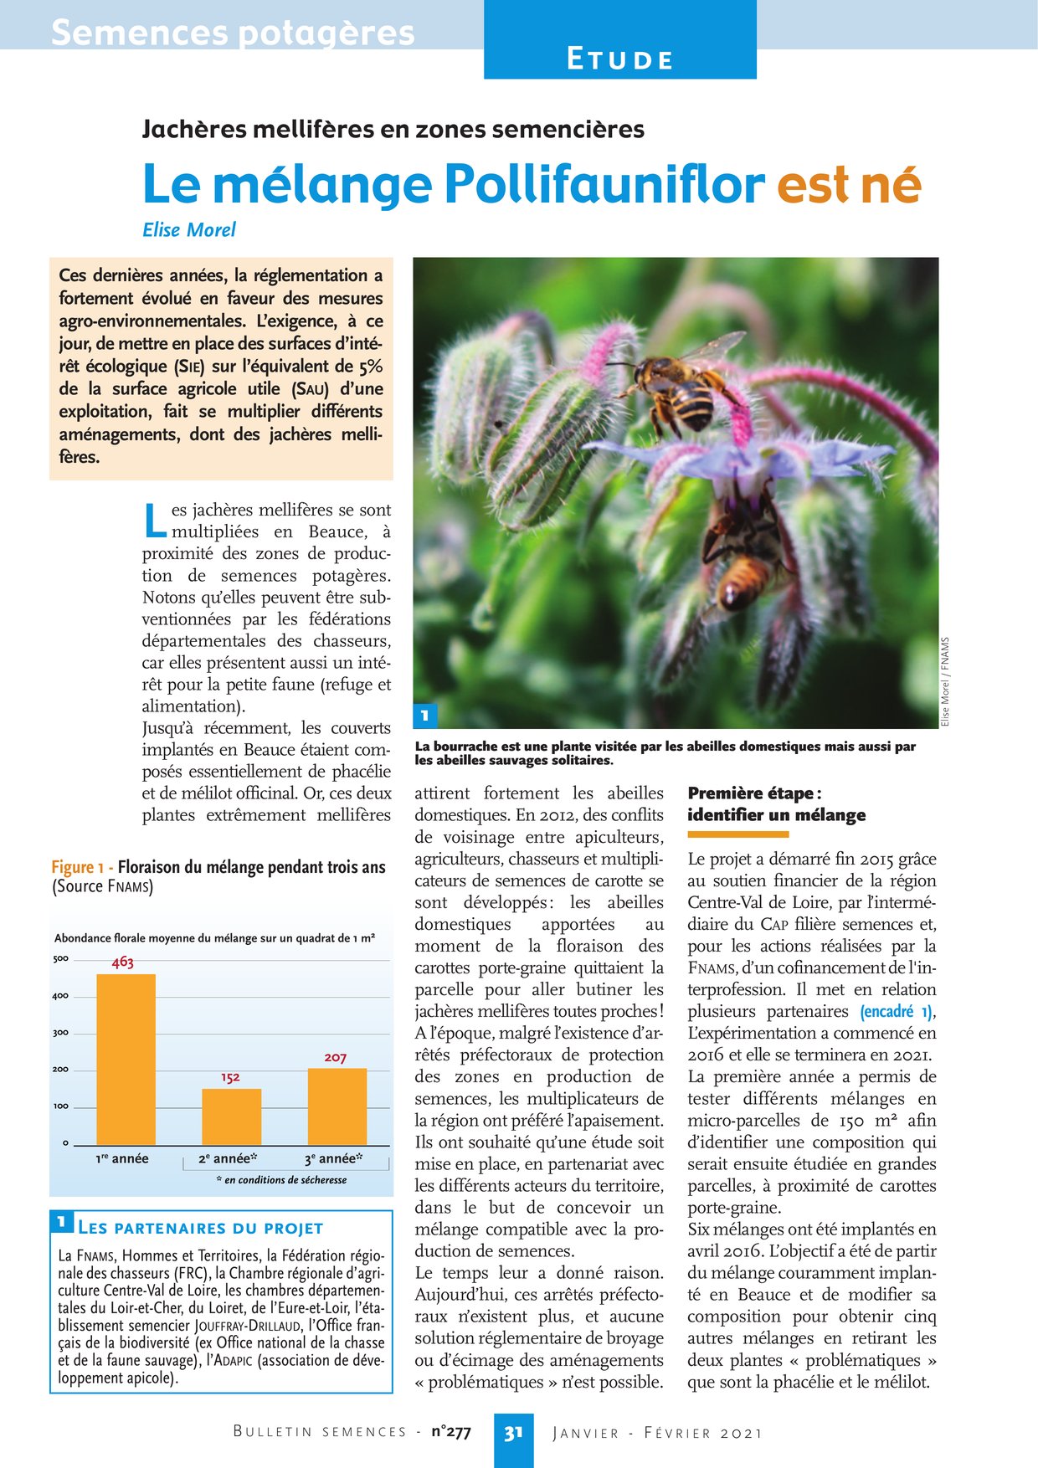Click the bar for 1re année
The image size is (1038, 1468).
[x=126, y=1059]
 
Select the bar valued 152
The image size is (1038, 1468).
[x=231, y=1116]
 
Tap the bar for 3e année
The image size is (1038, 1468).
[x=337, y=1106]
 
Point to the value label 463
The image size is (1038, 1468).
[x=123, y=962]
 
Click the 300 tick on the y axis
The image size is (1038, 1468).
[x=61, y=1033]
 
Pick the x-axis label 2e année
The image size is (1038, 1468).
[x=227, y=1159]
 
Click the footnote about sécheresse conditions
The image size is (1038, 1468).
[x=281, y=1180]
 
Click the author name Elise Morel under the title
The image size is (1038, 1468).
[x=189, y=229]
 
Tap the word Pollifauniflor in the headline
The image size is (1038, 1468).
[x=604, y=183]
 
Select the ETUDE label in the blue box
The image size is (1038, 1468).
[x=619, y=60]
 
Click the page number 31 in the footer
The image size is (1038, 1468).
[x=513, y=1432]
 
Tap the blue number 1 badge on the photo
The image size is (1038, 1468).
[x=425, y=715]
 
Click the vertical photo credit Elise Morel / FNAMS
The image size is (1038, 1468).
[x=945, y=682]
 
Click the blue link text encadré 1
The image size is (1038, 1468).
[x=896, y=1011]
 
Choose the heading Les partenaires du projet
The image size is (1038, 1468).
[x=200, y=1229]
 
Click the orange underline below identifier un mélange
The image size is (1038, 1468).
[x=737, y=834]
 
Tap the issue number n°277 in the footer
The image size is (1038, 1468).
[x=451, y=1432]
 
